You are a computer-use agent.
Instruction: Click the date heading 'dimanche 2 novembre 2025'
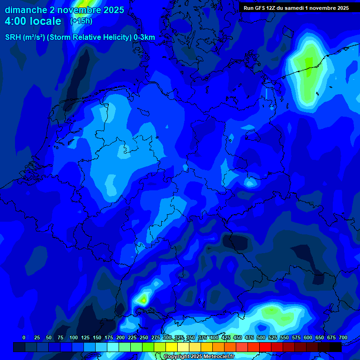64,10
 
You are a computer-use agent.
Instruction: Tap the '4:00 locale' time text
33,21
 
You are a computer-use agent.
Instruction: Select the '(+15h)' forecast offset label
81,21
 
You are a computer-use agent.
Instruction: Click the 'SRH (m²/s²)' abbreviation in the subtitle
25,37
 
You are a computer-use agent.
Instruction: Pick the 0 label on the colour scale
24,337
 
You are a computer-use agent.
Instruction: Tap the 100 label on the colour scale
74,337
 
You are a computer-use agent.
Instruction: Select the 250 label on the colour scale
144,337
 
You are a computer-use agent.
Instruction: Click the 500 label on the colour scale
261,337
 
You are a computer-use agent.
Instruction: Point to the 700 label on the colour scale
343,337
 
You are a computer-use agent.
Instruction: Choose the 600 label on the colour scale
308,337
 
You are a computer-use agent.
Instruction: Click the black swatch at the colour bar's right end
336,347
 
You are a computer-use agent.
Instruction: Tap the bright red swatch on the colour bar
265,347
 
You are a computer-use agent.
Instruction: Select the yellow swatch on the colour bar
172,347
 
